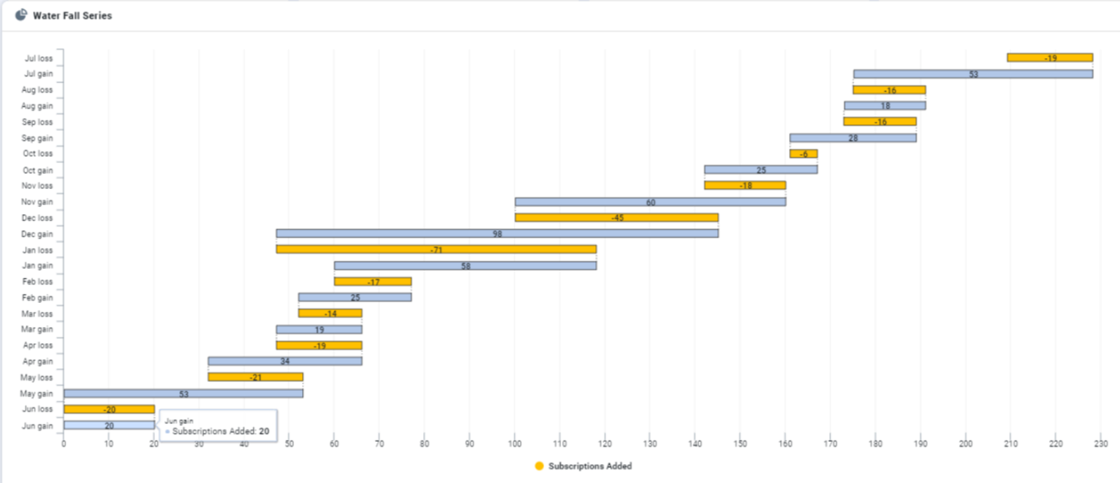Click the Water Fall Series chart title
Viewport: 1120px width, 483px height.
coord(72,16)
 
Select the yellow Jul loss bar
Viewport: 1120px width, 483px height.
coord(1049,58)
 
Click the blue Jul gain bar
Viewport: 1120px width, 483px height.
coord(973,74)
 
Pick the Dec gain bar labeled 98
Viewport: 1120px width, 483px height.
coord(497,233)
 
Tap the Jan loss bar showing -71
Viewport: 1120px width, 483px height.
coord(436,250)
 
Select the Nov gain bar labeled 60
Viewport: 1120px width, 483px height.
coord(650,202)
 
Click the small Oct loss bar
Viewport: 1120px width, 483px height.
coord(803,154)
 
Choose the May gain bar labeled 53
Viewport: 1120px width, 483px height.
coord(183,394)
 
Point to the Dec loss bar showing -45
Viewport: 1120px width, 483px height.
coord(616,217)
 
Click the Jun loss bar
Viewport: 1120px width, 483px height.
coord(109,409)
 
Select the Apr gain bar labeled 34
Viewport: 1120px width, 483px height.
coord(284,361)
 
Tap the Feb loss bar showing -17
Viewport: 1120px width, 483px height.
coord(372,282)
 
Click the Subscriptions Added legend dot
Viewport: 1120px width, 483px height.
coord(539,466)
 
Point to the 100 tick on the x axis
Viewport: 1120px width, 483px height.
coord(514,444)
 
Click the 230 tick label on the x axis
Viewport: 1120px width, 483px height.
coord(1100,444)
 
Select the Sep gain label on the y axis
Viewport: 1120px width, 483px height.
coord(37,138)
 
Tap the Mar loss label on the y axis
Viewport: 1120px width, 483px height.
coord(37,314)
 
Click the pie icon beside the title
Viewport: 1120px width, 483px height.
coord(21,15)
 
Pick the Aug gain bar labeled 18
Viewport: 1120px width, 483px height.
coord(885,106)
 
